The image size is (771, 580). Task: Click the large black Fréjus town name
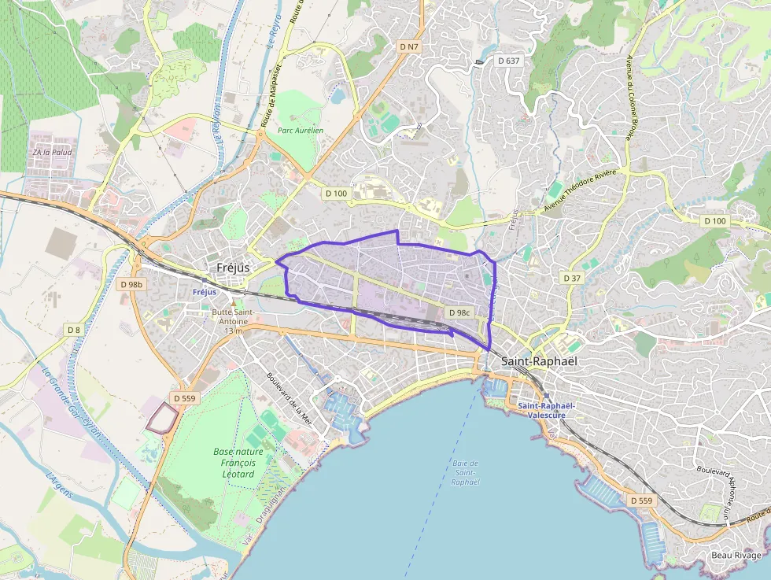(x=233, y=268)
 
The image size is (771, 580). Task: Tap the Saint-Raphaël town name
(x=539, y=361)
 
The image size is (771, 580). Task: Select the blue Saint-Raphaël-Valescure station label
(x=547, y=410)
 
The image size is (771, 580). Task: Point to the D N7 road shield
(x=408, y=47)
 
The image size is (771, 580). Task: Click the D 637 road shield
(x=509, y=61)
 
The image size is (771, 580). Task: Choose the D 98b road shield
(x=133, y=283)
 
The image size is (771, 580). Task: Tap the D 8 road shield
(x=74, y=330)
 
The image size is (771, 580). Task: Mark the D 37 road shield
(x=572, y=279)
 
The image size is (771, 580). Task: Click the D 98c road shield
(x=459, y=312)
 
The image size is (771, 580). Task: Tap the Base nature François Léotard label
(x=238, y=463)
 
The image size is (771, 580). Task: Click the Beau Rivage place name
(x=736, y=555)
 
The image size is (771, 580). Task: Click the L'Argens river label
(x=59, y=485)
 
